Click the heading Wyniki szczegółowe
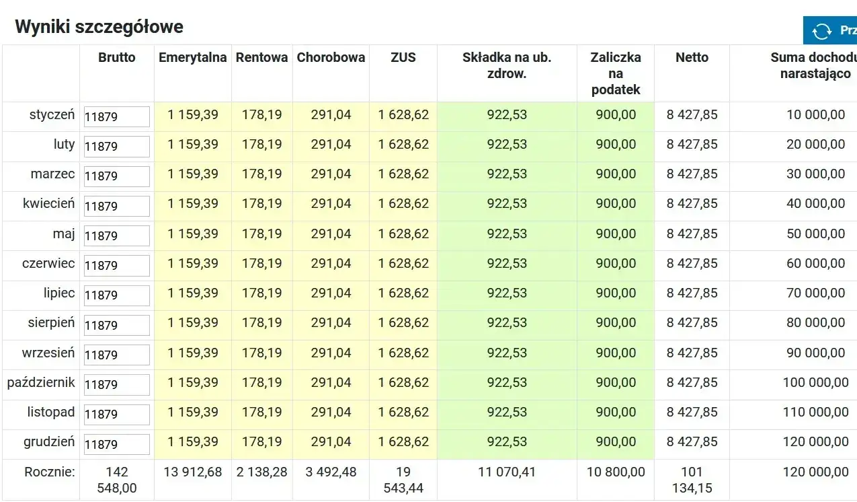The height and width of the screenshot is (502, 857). tap(99, 27)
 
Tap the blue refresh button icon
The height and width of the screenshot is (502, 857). tap(821, 31)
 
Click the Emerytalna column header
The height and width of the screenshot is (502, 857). tap(192, 58)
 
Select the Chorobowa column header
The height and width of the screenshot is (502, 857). tap(331, 58)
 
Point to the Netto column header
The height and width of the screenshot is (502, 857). tap(692, 58)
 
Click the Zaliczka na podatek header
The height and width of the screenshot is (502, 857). tap(615, 73)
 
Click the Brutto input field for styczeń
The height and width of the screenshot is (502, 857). tap(116, 116)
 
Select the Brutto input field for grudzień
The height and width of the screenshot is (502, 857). tap(116, 444)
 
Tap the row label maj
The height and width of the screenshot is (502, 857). tap(65, 234)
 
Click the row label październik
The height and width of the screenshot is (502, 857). tap(41, 383)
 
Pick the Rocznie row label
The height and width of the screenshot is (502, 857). tap(50, 472)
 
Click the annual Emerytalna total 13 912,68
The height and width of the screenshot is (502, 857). tap(192, 472)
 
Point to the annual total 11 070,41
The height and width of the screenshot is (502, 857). tap(507, 472)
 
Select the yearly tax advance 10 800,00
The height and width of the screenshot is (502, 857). tap(616, 472)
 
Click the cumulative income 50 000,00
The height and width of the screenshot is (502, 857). tap(815, 234)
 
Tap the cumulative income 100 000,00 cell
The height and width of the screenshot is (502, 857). tap(815, 383)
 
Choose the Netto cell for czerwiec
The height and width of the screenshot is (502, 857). tap(692, 264)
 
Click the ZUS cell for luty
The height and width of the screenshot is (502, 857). tap(403, 145)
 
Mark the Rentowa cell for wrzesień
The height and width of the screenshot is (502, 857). tap(261, 353)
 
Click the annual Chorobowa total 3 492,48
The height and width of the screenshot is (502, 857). tap(331, 472)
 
